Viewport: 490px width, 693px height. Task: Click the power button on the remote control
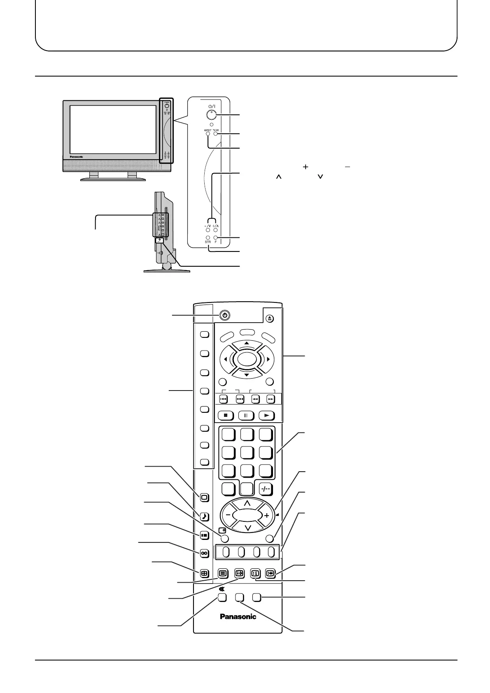(224, 316)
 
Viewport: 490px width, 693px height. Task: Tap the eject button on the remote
(269, 318)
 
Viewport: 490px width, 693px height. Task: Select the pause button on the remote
(246, 415)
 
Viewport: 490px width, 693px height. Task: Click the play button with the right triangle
(266, 415)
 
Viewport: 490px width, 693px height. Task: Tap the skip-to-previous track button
(224, 399)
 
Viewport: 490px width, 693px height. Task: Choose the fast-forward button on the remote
(271, 399)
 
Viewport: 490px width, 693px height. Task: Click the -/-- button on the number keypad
(266, 489)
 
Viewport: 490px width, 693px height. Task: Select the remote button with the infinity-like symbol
(204, 553)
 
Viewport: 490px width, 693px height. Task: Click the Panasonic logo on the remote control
(238, 616)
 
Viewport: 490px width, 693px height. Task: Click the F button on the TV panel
(215, 238)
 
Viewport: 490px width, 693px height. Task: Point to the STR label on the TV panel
(208, 242)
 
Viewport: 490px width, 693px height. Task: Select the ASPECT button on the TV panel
(208, 134)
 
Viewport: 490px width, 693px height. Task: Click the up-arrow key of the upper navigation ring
(246, 343)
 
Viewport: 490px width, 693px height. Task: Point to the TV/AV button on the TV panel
(215, 134)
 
